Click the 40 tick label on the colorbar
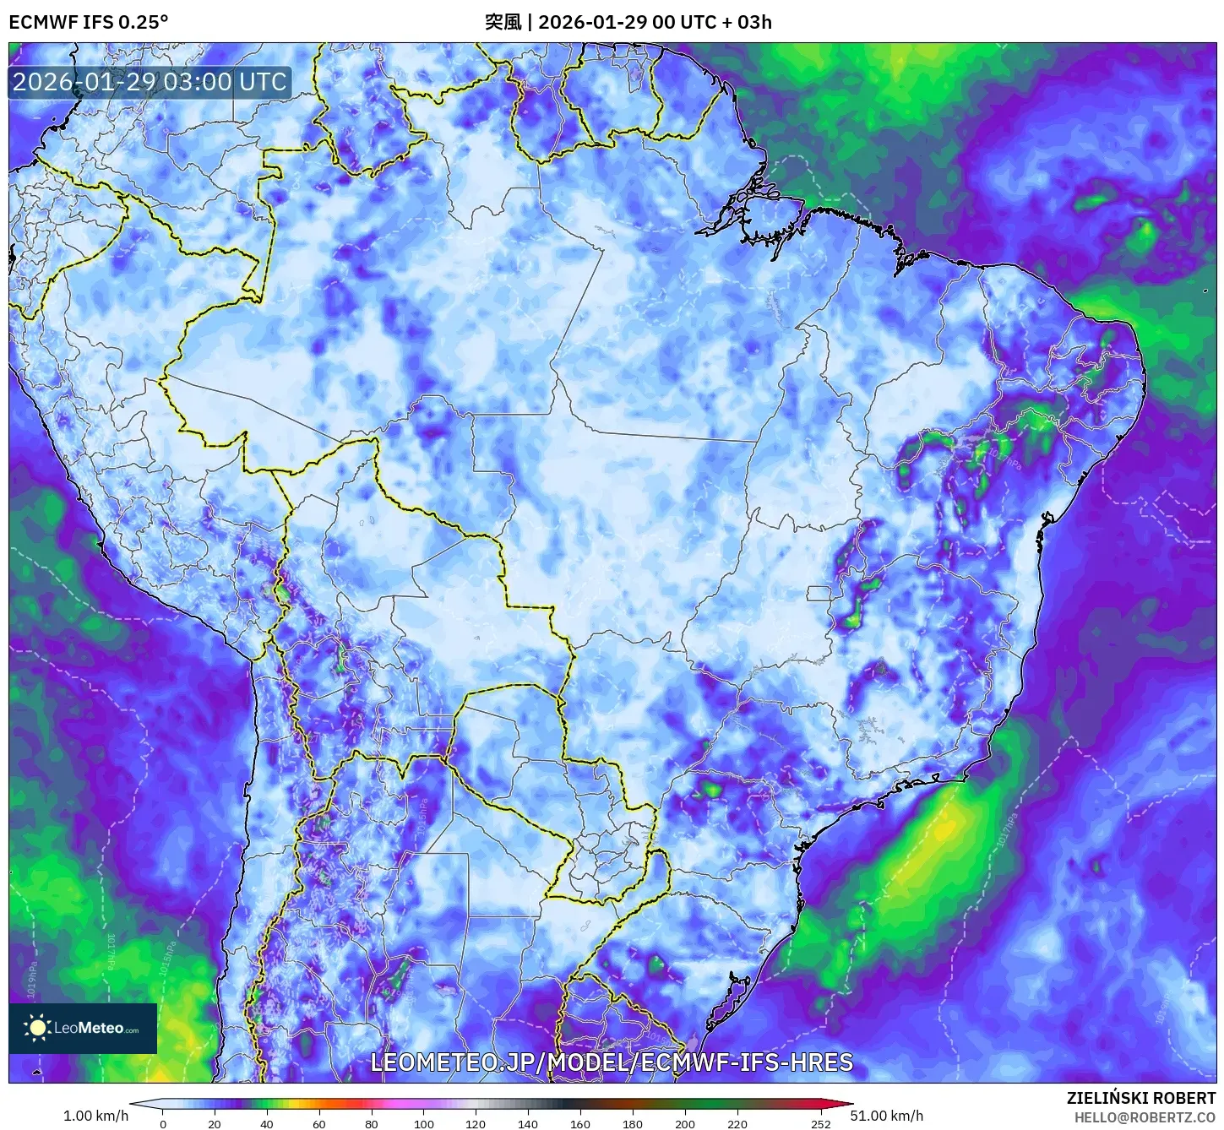[x=267, y=1123]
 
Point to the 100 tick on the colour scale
[x=424, y=1123]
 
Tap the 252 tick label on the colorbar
[x=820, y=1123]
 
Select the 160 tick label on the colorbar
[x=580, y=1123]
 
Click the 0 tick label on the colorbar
[x=163, y=1123]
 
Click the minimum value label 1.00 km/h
[x=96, y=1116]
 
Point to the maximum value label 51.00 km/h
[x=887, y=1116]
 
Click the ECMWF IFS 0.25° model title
[x=89, y=22]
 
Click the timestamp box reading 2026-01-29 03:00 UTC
[x=150, y=82]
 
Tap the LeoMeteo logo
[x=83, y=1028]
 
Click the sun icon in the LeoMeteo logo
[x=37, y=1028]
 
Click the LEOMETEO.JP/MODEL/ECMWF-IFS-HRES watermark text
[x=612, y=1062]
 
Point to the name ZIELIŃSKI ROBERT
[x=1141, y=1098]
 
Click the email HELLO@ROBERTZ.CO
[x=1145, y=1117]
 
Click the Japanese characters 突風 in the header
[x=503, y=22]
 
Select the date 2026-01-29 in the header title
[x=592, y=22]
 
